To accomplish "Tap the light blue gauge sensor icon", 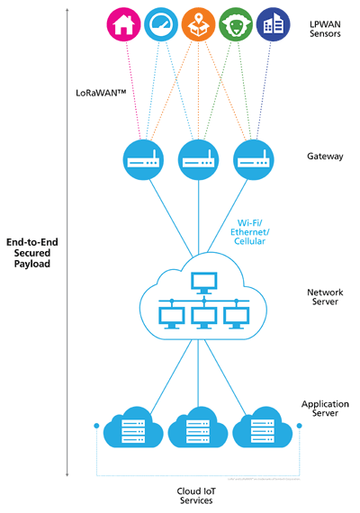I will click(162, 24).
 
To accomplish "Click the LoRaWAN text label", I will click(102, 93).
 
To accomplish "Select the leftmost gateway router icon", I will click(142, 159).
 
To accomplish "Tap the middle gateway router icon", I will click(199, 159).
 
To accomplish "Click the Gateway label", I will click(325, 156).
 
